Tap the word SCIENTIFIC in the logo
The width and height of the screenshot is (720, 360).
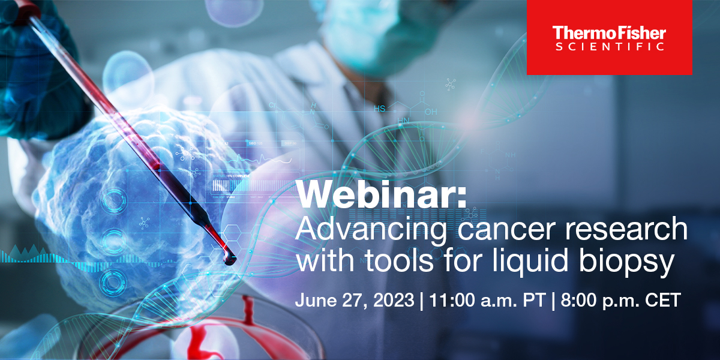pos(610,47)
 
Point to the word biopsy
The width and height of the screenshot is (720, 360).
pos(626,262)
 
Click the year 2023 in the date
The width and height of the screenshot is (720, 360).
pos(394,300)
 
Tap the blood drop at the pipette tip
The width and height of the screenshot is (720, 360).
pos(229,259)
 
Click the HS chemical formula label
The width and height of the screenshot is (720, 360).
pos(379,109)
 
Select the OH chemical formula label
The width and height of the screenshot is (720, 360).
pos(431,112)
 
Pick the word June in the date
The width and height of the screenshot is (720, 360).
pos(316,300)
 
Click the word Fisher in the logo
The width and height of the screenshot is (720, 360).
pos(640,33)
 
